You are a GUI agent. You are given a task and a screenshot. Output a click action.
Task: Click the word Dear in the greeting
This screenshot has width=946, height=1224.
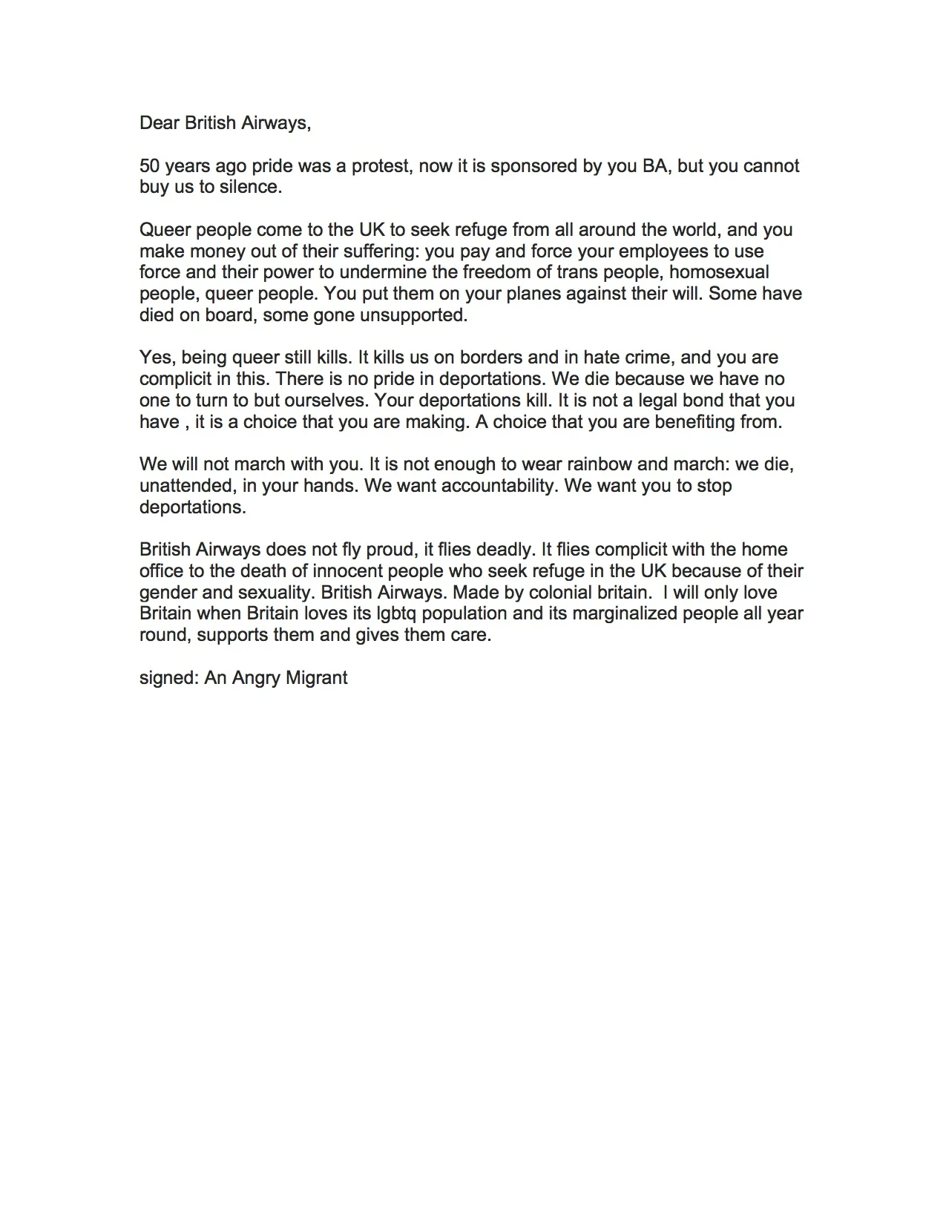[160, 122]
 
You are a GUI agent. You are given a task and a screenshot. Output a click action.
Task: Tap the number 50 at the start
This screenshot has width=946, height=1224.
[150, 165]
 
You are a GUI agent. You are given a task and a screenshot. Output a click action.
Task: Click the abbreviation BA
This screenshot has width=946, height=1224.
[654, 165]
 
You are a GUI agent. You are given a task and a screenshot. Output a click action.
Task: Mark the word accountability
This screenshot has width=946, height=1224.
[479, 486]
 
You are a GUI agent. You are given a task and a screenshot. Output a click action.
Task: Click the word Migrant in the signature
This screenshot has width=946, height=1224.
[313, 678]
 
